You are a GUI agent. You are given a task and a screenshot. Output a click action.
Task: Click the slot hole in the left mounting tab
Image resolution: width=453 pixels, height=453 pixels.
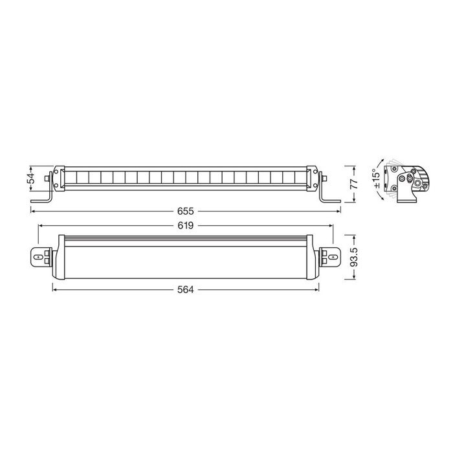click(x=38, y=257)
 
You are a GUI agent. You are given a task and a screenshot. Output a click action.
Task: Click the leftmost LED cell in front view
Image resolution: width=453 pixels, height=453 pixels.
click(x=70, y=177)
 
